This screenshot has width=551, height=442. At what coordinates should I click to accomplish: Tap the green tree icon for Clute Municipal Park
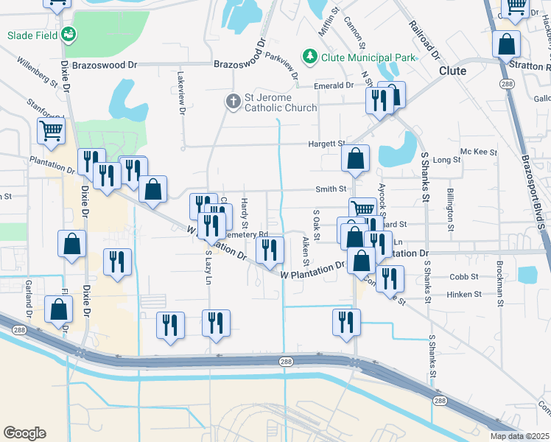tap(310, 56)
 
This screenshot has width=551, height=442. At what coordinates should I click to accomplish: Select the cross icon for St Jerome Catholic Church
tap(233, 102)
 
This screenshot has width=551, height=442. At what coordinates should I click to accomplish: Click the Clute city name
tap(452, 71)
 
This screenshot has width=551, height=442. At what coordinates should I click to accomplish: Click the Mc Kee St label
tap(479, 152)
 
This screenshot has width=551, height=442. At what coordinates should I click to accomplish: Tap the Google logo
tap(24, 433)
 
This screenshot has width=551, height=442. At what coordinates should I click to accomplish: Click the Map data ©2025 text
tap(519, 436)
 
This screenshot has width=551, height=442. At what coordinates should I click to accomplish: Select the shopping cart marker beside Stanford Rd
tap(52, 131)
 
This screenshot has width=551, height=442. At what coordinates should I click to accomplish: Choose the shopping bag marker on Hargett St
tap(355, 158)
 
